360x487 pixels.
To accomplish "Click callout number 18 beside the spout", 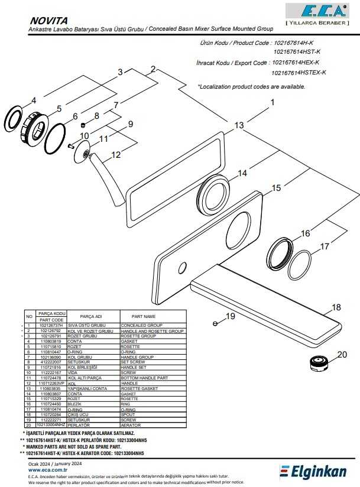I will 335,307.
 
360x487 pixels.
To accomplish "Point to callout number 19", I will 230,316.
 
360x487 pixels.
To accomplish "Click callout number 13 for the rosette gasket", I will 239,125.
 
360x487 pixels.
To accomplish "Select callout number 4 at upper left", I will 33,100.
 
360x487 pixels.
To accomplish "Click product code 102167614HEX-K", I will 296,62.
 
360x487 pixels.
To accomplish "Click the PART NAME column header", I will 143,316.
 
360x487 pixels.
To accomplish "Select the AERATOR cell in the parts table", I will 132,440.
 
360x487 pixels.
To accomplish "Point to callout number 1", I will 273,102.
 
